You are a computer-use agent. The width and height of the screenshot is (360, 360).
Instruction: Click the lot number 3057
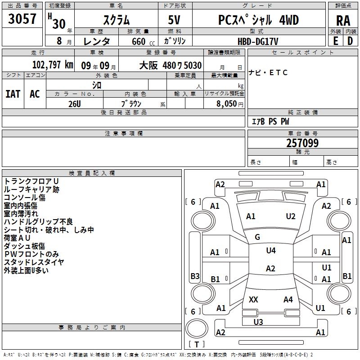point(22,18)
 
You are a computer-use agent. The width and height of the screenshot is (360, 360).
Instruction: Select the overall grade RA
point(343,21)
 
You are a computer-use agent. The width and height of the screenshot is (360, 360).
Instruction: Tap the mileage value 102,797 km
point(53,65)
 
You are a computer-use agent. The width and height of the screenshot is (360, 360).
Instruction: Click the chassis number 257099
point(302,143)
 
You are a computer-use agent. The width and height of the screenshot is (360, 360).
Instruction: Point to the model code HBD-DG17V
point(258,41)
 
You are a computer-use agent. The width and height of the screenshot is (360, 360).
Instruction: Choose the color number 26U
point(75,104)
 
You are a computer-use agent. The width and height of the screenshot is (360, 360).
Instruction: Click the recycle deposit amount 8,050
point(226,103)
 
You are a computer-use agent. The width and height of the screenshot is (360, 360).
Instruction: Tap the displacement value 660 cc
point(143,41)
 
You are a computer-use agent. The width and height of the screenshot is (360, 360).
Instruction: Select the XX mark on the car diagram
point(253,299)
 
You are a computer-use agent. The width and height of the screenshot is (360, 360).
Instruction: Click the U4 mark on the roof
point(271,251)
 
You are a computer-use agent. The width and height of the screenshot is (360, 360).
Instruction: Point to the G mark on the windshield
point(257,237)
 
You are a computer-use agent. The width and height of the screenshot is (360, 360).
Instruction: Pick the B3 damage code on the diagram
point(195,276)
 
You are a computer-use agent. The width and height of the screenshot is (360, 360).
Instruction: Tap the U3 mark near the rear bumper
point(258,322)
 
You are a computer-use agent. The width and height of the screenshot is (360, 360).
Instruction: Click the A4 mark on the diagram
point(288,299)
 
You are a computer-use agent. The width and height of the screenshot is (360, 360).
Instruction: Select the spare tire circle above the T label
point(197,328)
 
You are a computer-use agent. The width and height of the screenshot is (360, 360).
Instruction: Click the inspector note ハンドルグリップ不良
point(38,221)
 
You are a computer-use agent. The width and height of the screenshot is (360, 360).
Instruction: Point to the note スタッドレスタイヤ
point(34,262)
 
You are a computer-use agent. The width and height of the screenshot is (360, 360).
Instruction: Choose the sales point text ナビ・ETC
point(268,72)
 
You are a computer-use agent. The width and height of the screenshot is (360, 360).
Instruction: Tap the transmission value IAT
point(13,94)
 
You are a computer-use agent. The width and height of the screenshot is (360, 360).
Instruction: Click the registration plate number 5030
point(193,65)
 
